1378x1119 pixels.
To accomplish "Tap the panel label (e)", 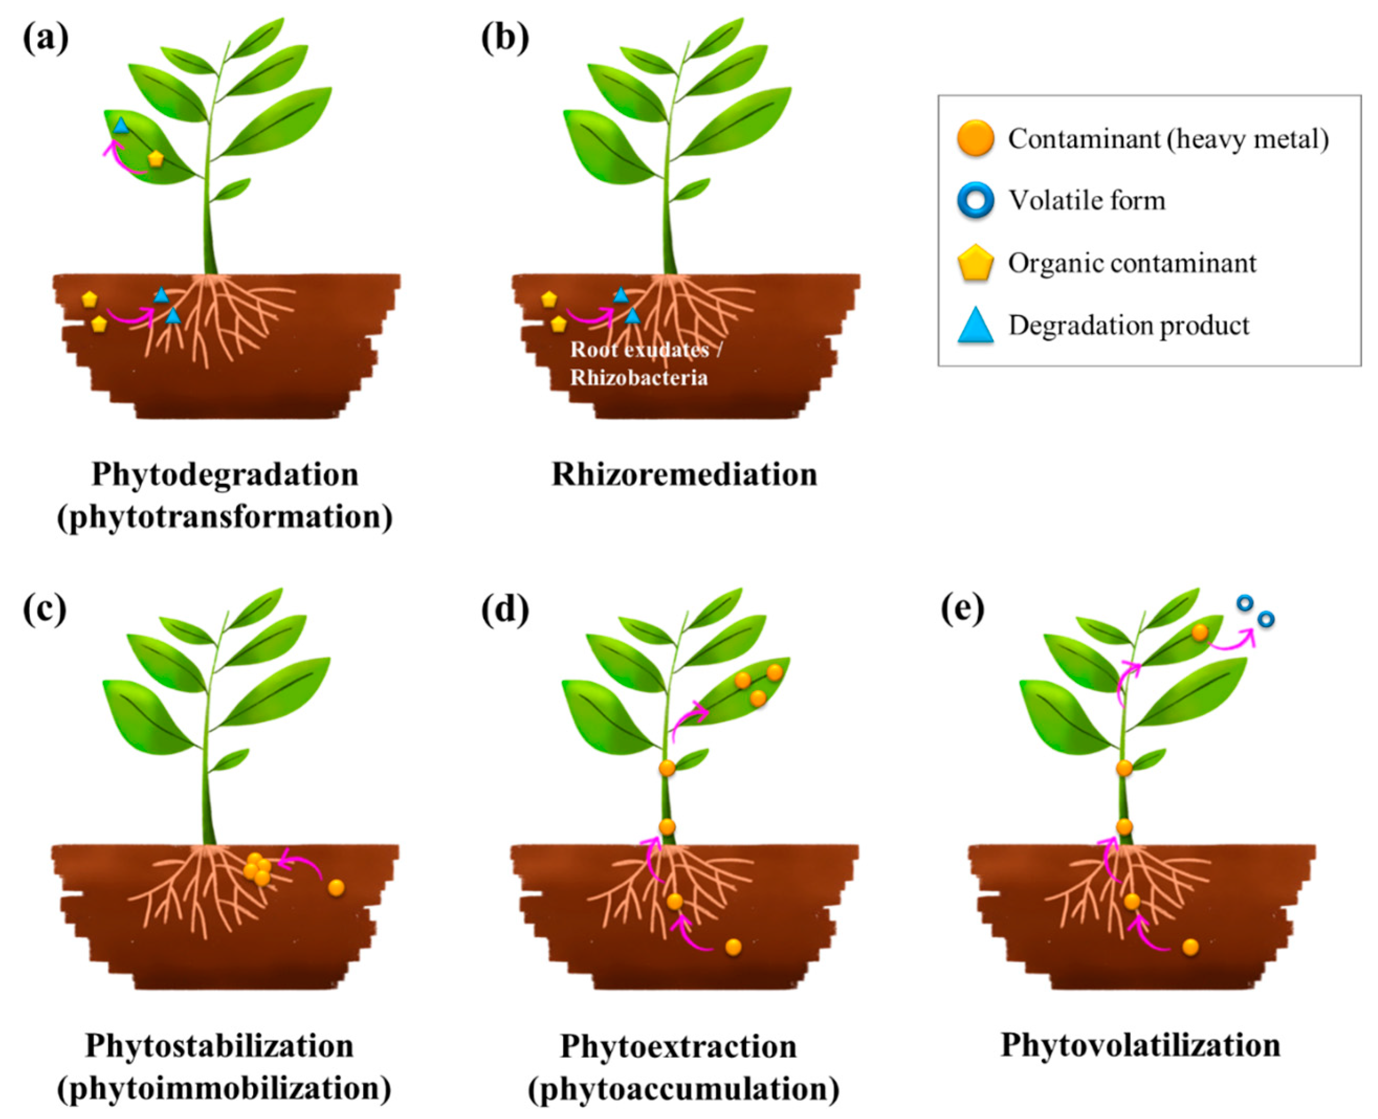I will click(963, 609).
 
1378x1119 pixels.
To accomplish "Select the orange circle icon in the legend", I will click(975, 138).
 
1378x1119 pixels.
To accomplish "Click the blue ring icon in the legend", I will click(975, 200).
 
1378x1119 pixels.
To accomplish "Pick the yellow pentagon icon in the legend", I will click(975, 263).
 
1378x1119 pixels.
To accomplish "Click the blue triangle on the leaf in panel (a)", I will click(120, 125).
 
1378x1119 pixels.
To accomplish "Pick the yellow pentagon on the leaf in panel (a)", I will click(155, 159).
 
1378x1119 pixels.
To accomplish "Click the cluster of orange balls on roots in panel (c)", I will click(257, 869).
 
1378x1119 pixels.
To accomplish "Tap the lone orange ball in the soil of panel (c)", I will click(335, 888).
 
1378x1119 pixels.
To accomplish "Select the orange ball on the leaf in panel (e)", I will click(1199, 632).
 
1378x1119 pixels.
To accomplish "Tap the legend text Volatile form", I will click(1086, 200).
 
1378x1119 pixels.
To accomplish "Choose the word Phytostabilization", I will click(219, 1046).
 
